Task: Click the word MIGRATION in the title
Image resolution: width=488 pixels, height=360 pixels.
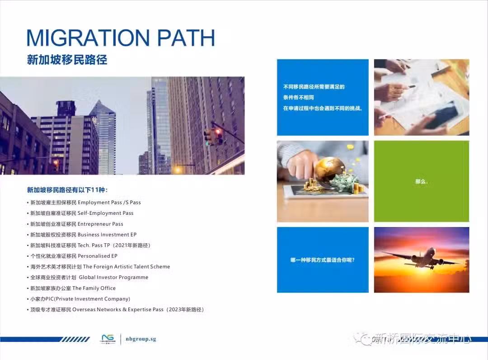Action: point(88,38)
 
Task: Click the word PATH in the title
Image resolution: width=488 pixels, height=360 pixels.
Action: point(186,38)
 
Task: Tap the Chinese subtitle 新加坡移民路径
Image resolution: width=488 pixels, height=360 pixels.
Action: point(67,60)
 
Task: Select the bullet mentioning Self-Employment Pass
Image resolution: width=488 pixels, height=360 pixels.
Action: point(82,213)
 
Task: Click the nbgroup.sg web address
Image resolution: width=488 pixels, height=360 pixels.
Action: point(141,339)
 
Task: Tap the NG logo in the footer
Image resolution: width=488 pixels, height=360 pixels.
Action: point(108,339)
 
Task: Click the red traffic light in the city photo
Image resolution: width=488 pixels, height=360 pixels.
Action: point(218,133)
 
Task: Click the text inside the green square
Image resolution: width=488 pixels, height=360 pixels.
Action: point(422,181)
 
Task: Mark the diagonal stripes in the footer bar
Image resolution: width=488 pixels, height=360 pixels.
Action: point(75,339)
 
